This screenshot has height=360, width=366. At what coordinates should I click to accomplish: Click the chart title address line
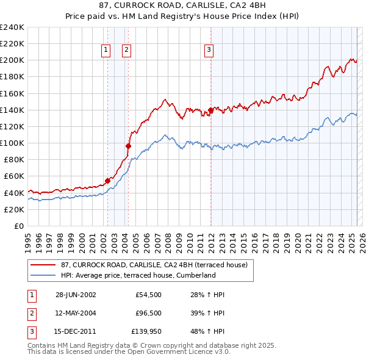[x=183, y=6]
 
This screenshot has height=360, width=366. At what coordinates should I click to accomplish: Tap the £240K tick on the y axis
[x=12, y=27]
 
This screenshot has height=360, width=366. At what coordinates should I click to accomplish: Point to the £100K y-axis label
[x=12, y=143]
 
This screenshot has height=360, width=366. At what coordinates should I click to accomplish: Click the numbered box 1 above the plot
[x=106, y=50]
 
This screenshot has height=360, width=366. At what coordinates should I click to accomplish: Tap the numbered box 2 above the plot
[x=126, y=50]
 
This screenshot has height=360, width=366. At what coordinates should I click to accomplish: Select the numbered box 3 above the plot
[x=209, y=50]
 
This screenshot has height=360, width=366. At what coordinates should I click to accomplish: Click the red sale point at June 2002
[x=107, y=181]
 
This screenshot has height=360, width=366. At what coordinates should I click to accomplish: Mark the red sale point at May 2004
[x=128, y=146]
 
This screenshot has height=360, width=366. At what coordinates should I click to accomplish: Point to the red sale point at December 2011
[x=210, y=110]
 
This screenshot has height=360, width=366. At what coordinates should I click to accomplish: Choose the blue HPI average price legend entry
[x=138, y=275]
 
